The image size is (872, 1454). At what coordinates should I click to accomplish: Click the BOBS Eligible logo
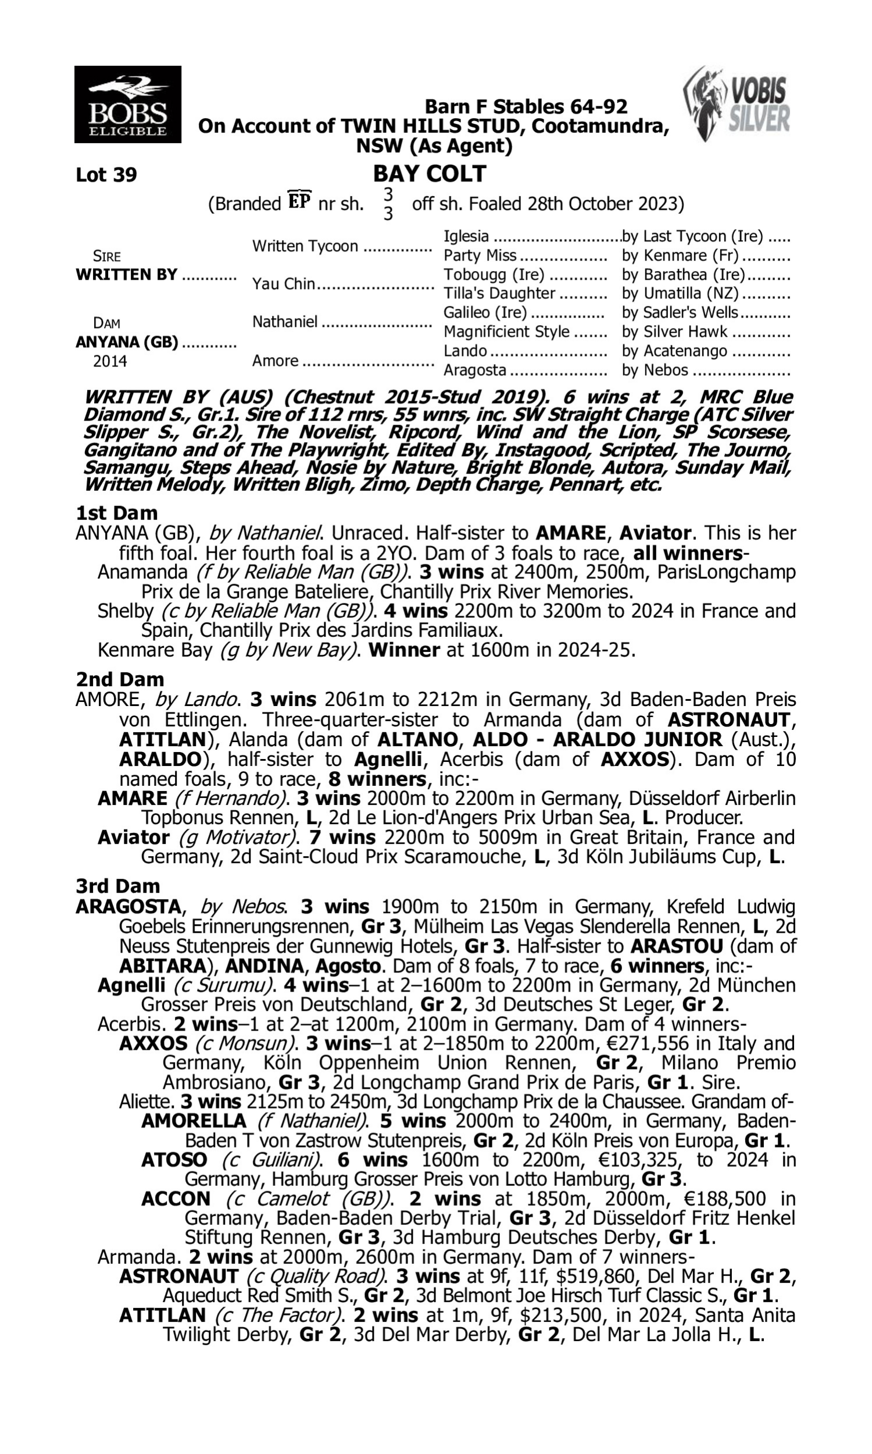coord(127,104)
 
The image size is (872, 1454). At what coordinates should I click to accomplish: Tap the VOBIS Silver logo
coord(738,104)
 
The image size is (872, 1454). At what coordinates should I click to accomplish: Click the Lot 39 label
coord(106,174)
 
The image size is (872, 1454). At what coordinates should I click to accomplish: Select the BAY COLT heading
coord(430,174)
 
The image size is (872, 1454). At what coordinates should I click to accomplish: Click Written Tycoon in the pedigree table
coord(305,246)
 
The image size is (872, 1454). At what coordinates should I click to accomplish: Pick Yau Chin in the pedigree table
coord(284,284)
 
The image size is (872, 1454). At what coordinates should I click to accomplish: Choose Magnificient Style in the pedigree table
coord(506,332)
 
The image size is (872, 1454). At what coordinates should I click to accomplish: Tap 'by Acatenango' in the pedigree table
coord(675,351)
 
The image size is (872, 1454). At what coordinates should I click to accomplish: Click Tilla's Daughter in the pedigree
coord(499,293)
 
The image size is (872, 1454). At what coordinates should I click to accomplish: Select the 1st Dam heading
coord(116,513)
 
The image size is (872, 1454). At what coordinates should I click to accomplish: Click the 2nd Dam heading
coord(119,679)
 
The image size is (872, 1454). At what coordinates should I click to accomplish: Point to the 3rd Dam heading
coord(117,886)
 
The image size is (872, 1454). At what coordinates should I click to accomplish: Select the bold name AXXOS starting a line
coord(153,1044)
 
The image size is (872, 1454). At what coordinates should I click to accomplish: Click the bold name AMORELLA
coord(194,1121)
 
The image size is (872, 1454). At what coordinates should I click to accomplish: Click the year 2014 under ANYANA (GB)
coord(110,361)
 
